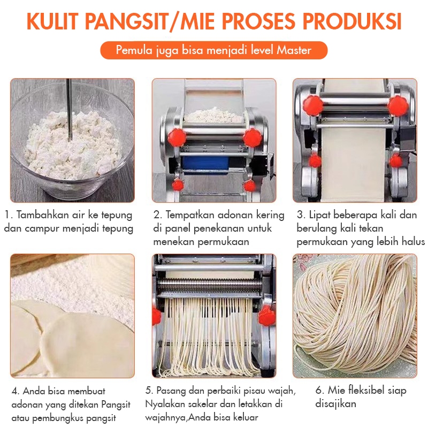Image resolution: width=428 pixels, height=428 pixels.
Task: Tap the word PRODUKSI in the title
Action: (352, 21)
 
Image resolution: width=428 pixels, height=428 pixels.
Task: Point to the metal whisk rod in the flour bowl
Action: (70, 109)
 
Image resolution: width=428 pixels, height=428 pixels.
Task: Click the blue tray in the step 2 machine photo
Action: (205, 165)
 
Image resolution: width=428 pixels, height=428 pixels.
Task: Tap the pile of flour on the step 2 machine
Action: (213, 115)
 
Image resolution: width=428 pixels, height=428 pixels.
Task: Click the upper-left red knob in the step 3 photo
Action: (312, 105)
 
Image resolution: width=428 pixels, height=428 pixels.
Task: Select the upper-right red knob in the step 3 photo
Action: (398, 105)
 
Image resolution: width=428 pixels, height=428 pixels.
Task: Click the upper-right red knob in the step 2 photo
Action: (252, 137)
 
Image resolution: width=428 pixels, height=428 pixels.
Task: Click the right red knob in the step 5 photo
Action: (266, 316)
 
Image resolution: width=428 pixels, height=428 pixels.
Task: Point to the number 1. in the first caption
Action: (9, 215)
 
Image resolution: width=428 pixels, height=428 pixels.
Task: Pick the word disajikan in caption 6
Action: (335, 404)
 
